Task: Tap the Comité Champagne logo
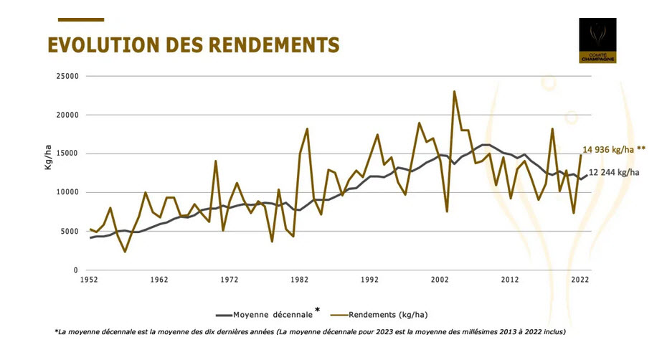597,41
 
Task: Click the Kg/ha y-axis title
47,174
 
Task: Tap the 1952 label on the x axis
90,280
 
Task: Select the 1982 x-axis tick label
300,280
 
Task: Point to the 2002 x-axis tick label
440,280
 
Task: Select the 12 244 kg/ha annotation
615,172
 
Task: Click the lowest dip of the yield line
125,252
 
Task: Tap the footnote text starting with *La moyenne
309,331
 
